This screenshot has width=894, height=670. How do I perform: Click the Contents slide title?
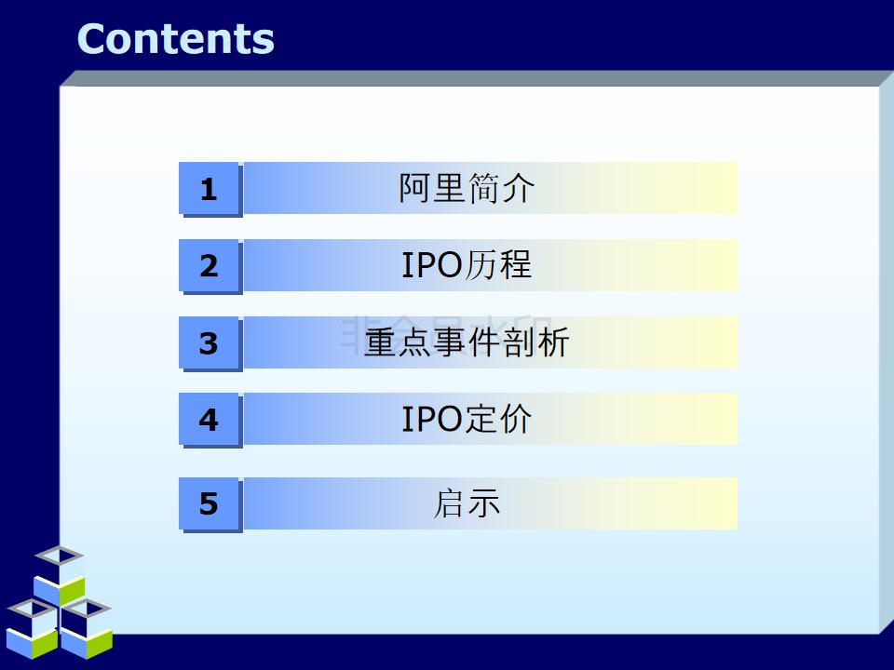pyautogui.click(x=175, y=39)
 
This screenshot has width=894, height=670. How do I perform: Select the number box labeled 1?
pyautogui.click(x=209, y=190)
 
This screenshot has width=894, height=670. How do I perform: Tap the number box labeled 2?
pyautogui.click(x=209, y=267)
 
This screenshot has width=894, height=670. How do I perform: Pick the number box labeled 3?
pyautogui.click(x=209, y=344)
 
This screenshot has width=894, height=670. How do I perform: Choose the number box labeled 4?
pyautogui.click(x=209, y=421)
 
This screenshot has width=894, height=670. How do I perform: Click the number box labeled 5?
pyautogui.click(x=209, y=504)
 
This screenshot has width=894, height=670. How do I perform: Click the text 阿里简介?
pyautogui.click(x=467, y=189)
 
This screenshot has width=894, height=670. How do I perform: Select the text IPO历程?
pyautogui.click(x=467, y=265)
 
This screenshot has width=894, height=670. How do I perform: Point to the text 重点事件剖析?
pyautogui.click(x=467, y=342)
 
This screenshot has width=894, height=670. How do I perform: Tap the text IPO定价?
pyautogui.click(x=467, y=420)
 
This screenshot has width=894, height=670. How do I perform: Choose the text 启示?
pyautogui.click(x=467, y=503)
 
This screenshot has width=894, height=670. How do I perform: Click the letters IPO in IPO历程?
pyautogui.click(x=432, y=266)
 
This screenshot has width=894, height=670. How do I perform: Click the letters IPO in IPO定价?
pyautogui.click(x=432, y=421)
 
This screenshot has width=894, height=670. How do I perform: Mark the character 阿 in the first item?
pyautogui.click(x=415, y=189)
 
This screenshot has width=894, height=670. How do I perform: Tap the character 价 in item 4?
pyautogui.click(x=515, y=420)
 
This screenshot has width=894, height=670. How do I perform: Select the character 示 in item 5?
pyautogui.click(x=484, y=503)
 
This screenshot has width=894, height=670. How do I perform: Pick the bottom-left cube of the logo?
pyautogui.click(x=33, y=628)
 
